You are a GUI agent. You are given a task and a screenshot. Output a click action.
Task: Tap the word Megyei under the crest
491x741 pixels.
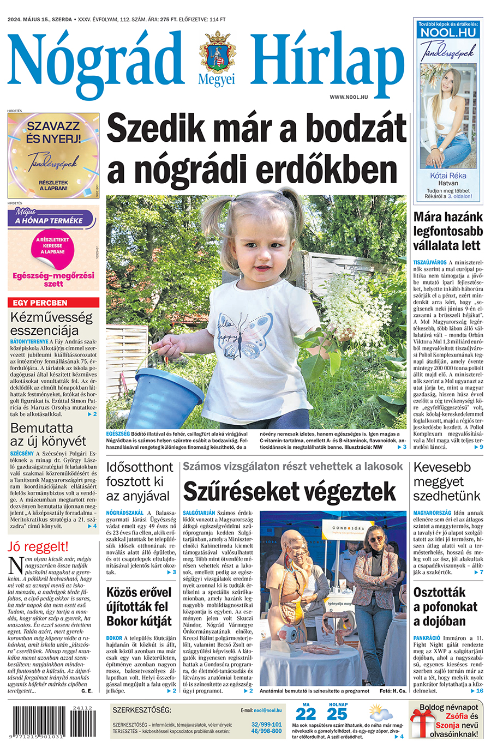click(217, 80)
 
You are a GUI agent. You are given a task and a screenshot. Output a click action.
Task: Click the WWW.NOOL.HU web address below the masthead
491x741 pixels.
click(349, 97)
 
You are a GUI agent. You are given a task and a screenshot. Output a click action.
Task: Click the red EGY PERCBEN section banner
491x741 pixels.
click(53, 303)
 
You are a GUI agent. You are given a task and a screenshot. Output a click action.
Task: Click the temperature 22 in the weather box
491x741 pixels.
click(306, 714)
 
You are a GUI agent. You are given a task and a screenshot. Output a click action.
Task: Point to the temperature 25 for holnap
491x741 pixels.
click(337, 714)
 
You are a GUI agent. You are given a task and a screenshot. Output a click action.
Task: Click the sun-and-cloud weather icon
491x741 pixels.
click(380, 713)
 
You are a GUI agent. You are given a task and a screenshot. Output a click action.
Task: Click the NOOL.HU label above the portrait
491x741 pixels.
click(448, 32)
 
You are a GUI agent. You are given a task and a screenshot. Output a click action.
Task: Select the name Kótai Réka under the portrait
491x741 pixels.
click(448, 176)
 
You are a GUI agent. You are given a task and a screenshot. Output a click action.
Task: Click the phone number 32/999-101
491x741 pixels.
click(266, 725)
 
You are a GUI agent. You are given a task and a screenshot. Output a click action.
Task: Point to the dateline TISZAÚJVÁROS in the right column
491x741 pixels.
click(430, 262)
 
